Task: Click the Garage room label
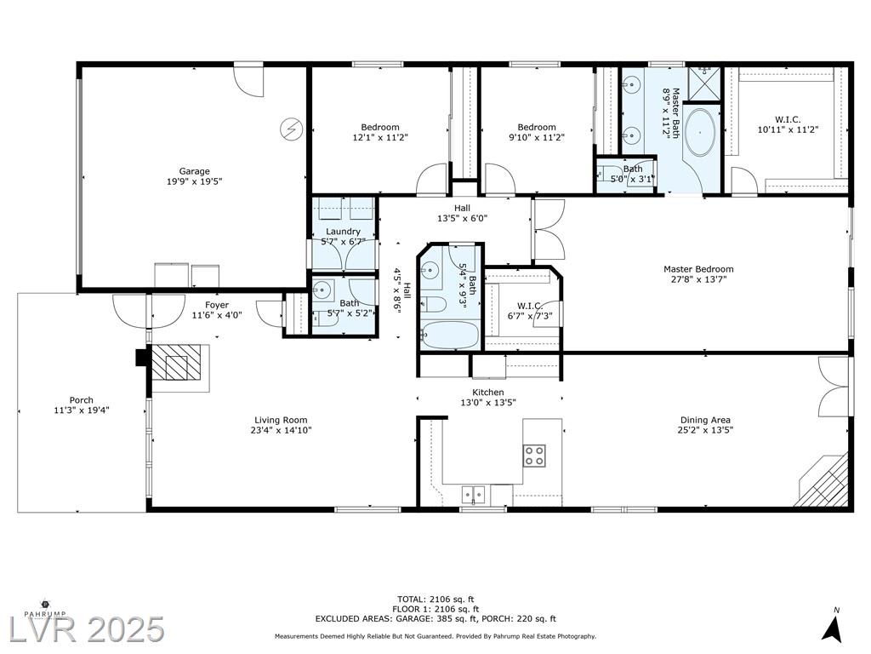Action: (x=194, y=171)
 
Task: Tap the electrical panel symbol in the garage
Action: (x=291, y=129)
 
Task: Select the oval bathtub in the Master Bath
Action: (x=699, y=133)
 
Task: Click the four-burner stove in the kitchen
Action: (x=534, y=455)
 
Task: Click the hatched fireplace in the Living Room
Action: (x=177, y=363)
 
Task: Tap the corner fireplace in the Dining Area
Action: (x=823, y=481)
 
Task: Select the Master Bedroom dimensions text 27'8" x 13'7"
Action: (x=698, y=279)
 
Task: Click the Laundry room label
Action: (x=343, y=232)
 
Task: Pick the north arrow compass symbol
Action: (x=831, y=628)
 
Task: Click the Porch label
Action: (x=81, y=400)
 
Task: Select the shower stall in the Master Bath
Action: (x=704, y=84)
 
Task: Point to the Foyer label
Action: (x=217, y=305)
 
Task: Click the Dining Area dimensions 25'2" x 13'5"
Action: (x=705, y=430)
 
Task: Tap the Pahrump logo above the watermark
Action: (x=45, y=608)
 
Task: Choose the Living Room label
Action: (x=281, y=420)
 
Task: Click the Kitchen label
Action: (x=487, y=392)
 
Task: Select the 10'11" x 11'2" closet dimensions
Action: (x=788, y=129)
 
